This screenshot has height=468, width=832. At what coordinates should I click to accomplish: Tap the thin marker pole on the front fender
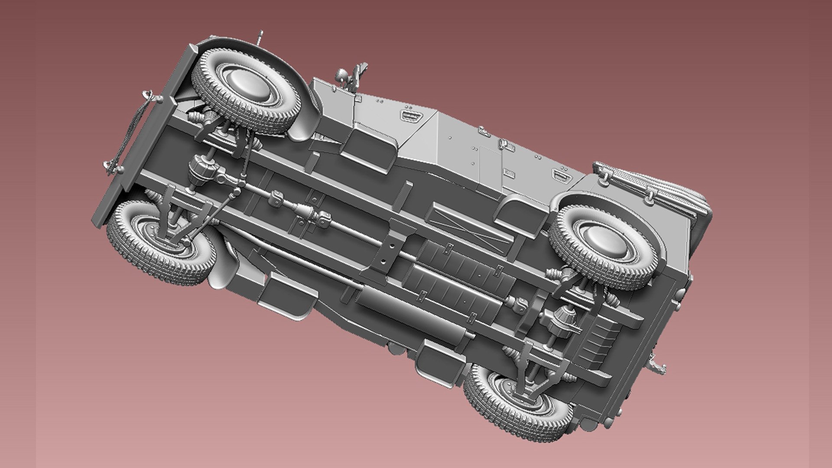point(259,39)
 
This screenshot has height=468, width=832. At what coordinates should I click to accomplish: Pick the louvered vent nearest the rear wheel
point(560,175)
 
